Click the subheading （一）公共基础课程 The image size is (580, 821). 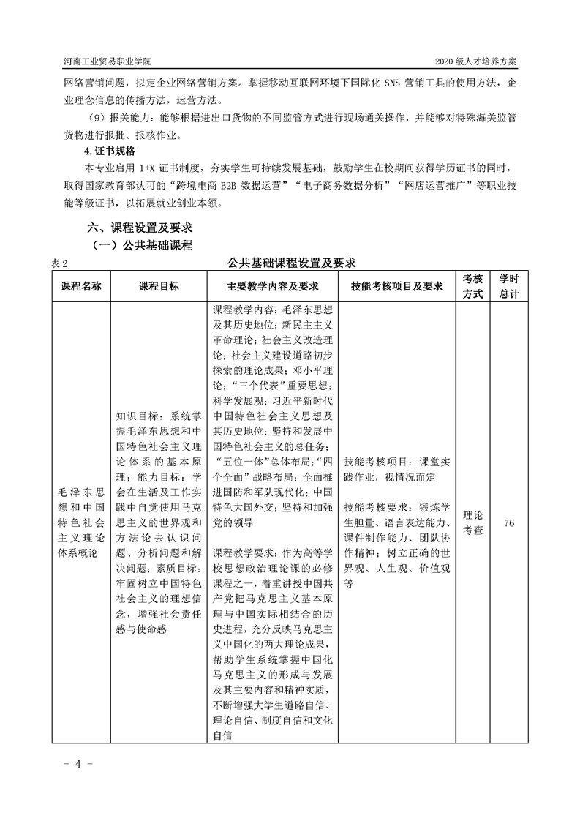click(x=140, y=245)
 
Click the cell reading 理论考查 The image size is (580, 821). click(x=473, y=523)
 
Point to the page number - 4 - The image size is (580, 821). click(x=73, y=764)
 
